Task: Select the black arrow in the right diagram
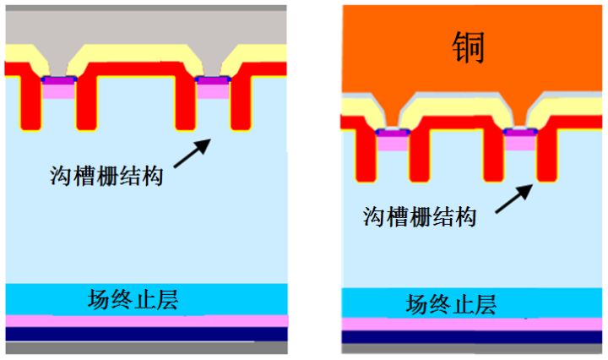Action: [x=513, y=196]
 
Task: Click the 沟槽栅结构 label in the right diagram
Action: [x=420, y=215]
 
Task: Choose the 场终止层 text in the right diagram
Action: [x=450, y=303]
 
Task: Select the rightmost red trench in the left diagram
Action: [x=240, y=101]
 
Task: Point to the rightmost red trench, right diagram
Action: [x=549, y=152]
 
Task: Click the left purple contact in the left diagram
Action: [x=58, y=79]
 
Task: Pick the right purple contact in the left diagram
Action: [x=212, y=79]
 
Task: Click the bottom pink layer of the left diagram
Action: [x=146, y=321]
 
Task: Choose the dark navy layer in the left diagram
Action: [x=146, y=334]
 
